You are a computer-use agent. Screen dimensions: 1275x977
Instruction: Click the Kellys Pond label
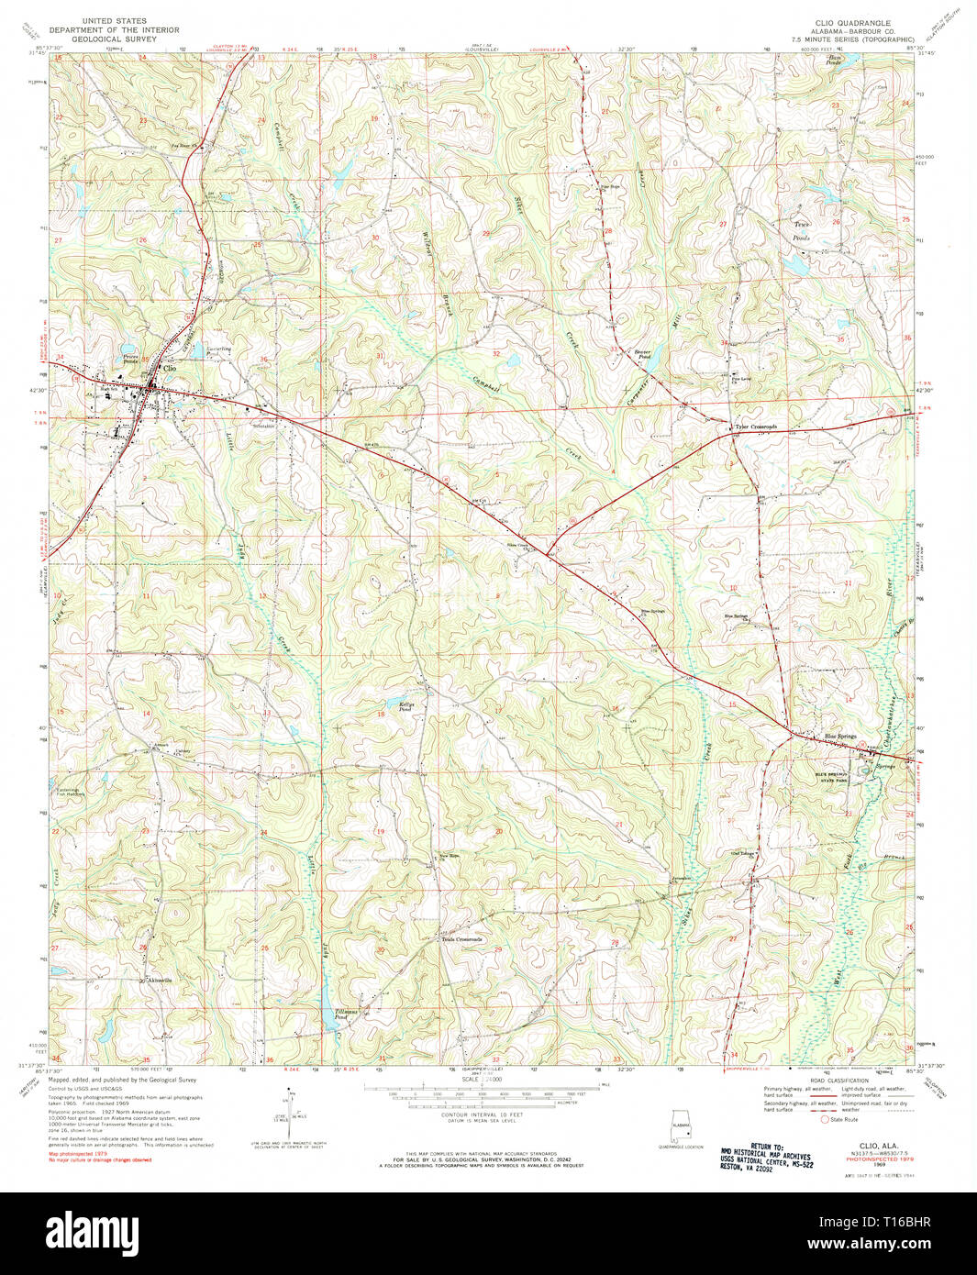406,707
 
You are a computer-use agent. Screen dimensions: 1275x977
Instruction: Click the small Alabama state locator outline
681,1127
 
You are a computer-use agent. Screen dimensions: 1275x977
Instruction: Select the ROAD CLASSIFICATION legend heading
838,1081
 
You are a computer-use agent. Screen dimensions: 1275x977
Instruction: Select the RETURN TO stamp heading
767,1147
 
